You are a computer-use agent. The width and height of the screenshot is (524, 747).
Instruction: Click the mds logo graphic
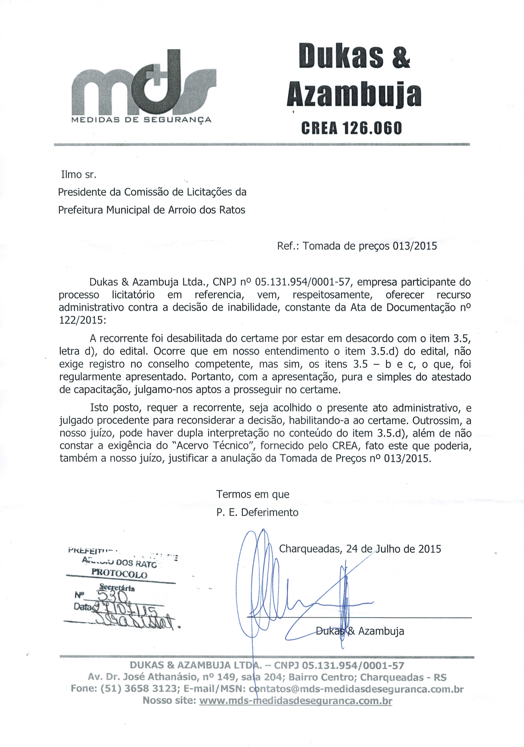(x=143, y=83)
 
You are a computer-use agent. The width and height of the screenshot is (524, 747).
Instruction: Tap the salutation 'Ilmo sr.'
(x=79, y=175)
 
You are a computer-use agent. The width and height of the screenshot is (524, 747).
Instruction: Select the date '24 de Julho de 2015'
(x=393, y=549)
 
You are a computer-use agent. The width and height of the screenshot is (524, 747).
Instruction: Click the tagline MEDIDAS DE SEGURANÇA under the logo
(x=141, y=120)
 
